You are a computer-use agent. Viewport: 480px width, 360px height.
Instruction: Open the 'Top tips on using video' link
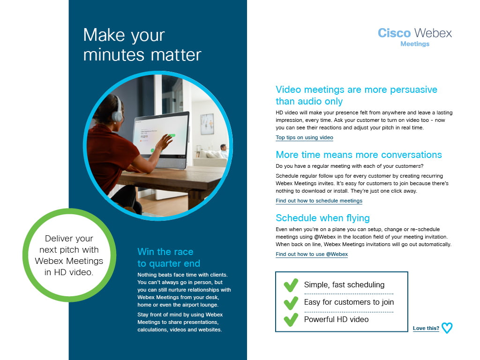[304, 137]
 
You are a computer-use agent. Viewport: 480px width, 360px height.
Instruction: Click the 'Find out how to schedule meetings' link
[319, 201]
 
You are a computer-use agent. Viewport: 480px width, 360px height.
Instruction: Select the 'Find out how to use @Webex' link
[312, 254]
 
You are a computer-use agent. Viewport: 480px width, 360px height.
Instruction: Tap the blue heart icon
[447, 328]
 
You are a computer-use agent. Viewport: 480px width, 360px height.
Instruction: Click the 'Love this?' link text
[426, 328]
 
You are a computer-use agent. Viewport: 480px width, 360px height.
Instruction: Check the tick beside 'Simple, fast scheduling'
[291, 285]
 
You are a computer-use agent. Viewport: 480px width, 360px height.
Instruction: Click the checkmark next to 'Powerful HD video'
[291, 320]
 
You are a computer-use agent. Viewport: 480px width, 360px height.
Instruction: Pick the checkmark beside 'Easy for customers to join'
[291, 303]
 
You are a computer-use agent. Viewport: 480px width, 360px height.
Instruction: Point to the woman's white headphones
[117, 111]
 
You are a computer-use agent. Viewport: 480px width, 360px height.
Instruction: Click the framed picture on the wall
[207, 124]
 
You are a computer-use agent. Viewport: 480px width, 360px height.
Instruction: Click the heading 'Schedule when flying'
[322, 218]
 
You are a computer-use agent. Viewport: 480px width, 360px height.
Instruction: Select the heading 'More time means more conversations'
[359, 155]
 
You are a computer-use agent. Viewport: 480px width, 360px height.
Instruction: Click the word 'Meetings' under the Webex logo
[415, 44]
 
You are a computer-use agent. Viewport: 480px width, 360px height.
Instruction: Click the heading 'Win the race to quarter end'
[169, 257]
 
